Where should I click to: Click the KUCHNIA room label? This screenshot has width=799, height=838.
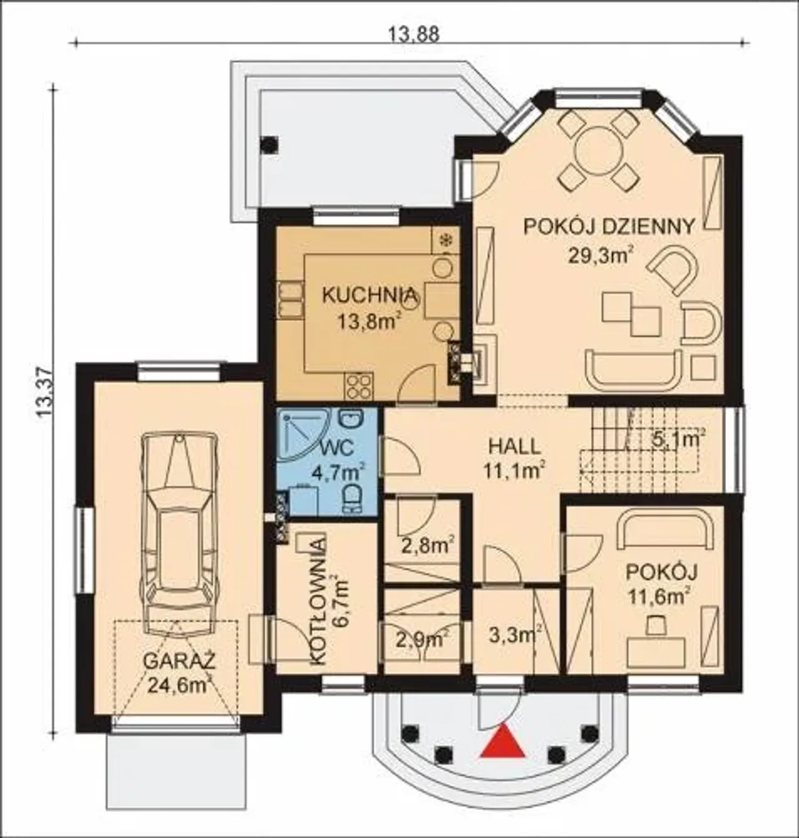click(x=369, y=295)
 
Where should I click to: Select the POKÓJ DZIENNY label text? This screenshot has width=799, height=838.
click(x=610, y=226)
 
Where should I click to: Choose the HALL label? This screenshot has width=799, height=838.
click(x=514, y=446)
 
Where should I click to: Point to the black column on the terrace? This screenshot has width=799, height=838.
click(x=269, y=145)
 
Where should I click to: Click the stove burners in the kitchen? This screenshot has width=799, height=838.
click(x=360, y=386)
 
